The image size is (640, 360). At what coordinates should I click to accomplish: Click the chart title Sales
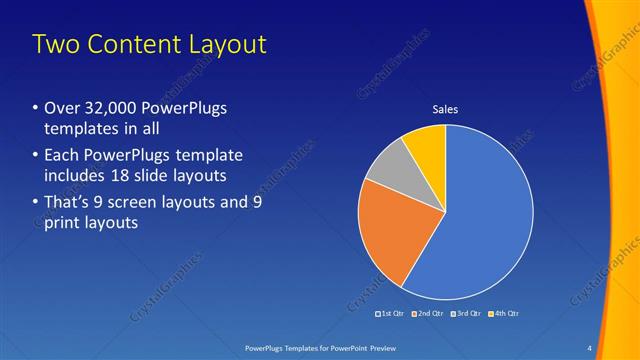click(x=445, y=110)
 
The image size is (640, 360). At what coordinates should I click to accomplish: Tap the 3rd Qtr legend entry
click(x=466, y=314)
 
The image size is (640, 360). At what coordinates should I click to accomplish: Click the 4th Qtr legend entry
click(x=504, y=314)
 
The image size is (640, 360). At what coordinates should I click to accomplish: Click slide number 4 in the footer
click(x=590, y=348)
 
